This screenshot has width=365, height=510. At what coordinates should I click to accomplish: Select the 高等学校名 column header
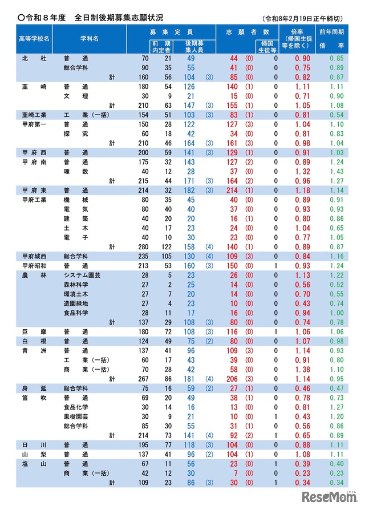point(34,39)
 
